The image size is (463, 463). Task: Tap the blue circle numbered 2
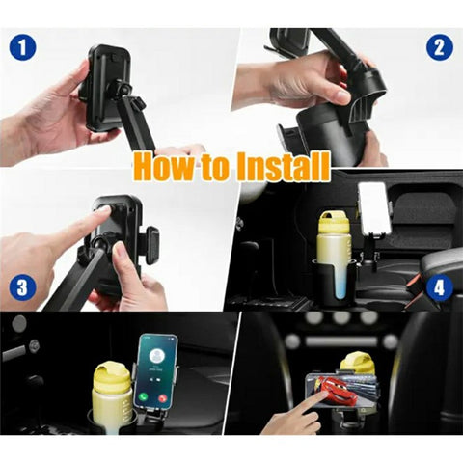tap(441, 47)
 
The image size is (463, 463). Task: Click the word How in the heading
tap(165, 165)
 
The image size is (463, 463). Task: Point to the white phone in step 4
tap(373, 208)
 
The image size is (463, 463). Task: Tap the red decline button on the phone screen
tap(164, 397)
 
